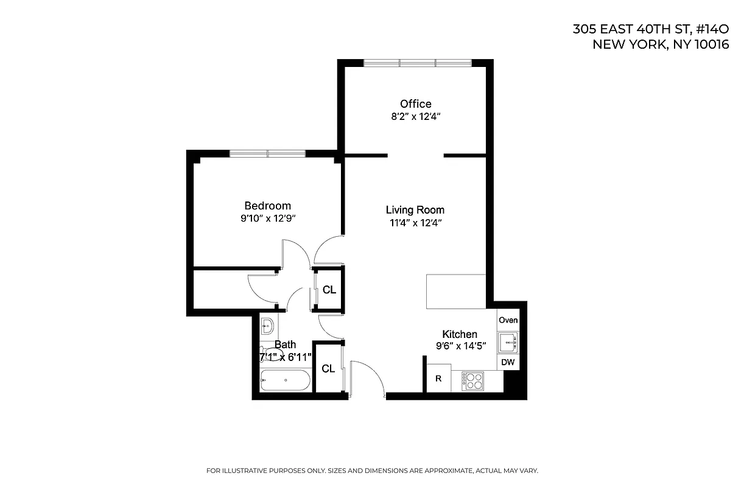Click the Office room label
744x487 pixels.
point(415,104)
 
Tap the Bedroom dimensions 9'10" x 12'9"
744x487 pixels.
point(267,218)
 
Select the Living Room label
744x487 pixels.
point(415,210)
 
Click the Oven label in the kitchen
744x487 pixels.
point(508,320)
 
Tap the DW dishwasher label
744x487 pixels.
point(508,363)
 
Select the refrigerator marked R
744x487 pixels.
point(438,378)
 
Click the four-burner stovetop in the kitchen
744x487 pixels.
point(472,381)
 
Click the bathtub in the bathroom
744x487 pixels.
point(285,382)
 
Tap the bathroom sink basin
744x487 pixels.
point(268,326)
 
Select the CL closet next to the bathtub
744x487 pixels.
point(328,368)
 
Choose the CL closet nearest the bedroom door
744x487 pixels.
point(329,290)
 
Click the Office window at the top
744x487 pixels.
point(418,63)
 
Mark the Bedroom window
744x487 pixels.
point(267,153)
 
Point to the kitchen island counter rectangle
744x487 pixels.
point(455,292)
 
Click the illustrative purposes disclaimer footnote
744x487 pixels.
point(372,471)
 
